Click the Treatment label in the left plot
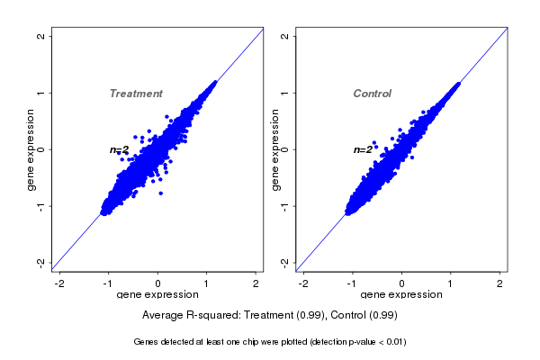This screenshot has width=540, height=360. (136, 94)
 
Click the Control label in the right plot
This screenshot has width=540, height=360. (372, 94)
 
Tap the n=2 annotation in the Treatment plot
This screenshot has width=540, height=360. (120, 149)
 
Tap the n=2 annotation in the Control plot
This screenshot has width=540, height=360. (363, 149)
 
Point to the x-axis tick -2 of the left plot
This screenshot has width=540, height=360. (59, 283)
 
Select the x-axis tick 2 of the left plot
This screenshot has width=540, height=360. (256, 283)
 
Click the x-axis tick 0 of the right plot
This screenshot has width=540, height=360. (401, 283)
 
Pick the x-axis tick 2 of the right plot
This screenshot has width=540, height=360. (499, 283)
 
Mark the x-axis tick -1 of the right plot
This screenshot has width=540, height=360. (353, 283)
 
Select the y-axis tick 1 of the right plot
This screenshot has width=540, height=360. (284, 93)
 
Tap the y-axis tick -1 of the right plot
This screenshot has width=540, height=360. (284, 205)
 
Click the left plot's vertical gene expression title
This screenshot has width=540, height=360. (31, 149)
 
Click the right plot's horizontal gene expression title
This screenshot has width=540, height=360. (401, 295)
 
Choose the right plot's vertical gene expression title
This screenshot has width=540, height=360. (274, 149)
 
